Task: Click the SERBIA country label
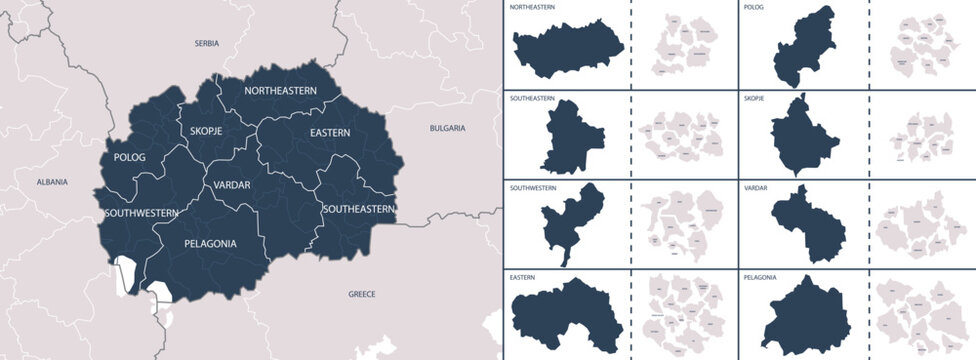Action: [207, 44]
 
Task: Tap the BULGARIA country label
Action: [447, 128]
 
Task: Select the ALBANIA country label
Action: [52, 182]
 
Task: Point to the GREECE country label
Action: [361, 294]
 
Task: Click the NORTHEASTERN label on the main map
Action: [281, 91]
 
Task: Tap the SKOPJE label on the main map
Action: [205, 131]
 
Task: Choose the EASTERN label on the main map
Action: [329, 132]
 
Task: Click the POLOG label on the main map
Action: [129, 158]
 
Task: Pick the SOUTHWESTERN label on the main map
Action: [140, 213]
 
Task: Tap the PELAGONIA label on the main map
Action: [210, 243]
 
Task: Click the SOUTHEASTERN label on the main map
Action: [358, 209]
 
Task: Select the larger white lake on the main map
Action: [124, 275]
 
